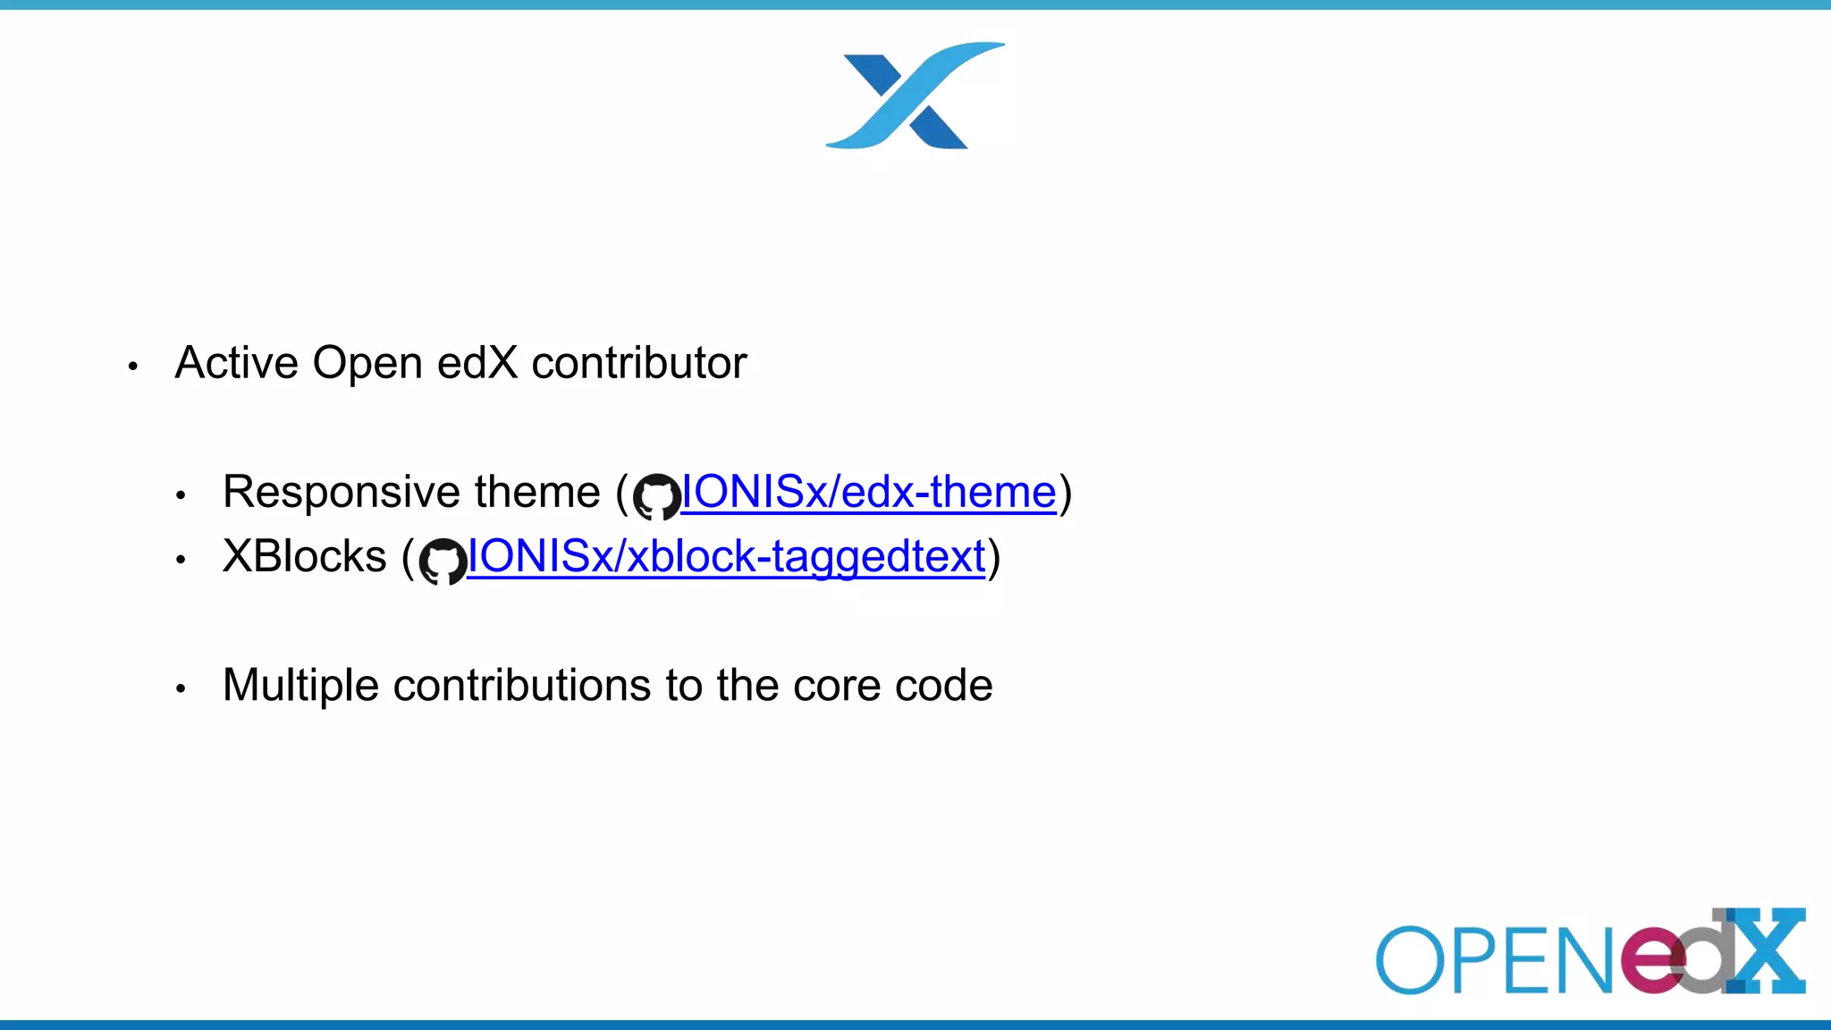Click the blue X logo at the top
[x=915, y=96]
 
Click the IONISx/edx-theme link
[x=868, y=493]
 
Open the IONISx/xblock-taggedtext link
[x=726, y=557]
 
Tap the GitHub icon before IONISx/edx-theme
[x=656, y=496]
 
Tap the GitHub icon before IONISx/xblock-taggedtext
[x=443, y=561]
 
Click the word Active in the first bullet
[x=236, y=364]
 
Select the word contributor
[x=638, y=364]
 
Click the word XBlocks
[x=304, y=557]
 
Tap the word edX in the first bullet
[x=477, y=364]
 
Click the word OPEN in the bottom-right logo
[x=1493, y=961]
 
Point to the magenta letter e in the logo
[x=1652, y=961]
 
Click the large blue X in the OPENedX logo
[x=1766, y=951]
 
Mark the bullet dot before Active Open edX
[x=133, y=366]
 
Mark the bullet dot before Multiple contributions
[x=181, y=688]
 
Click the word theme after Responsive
[x=536, y=493]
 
